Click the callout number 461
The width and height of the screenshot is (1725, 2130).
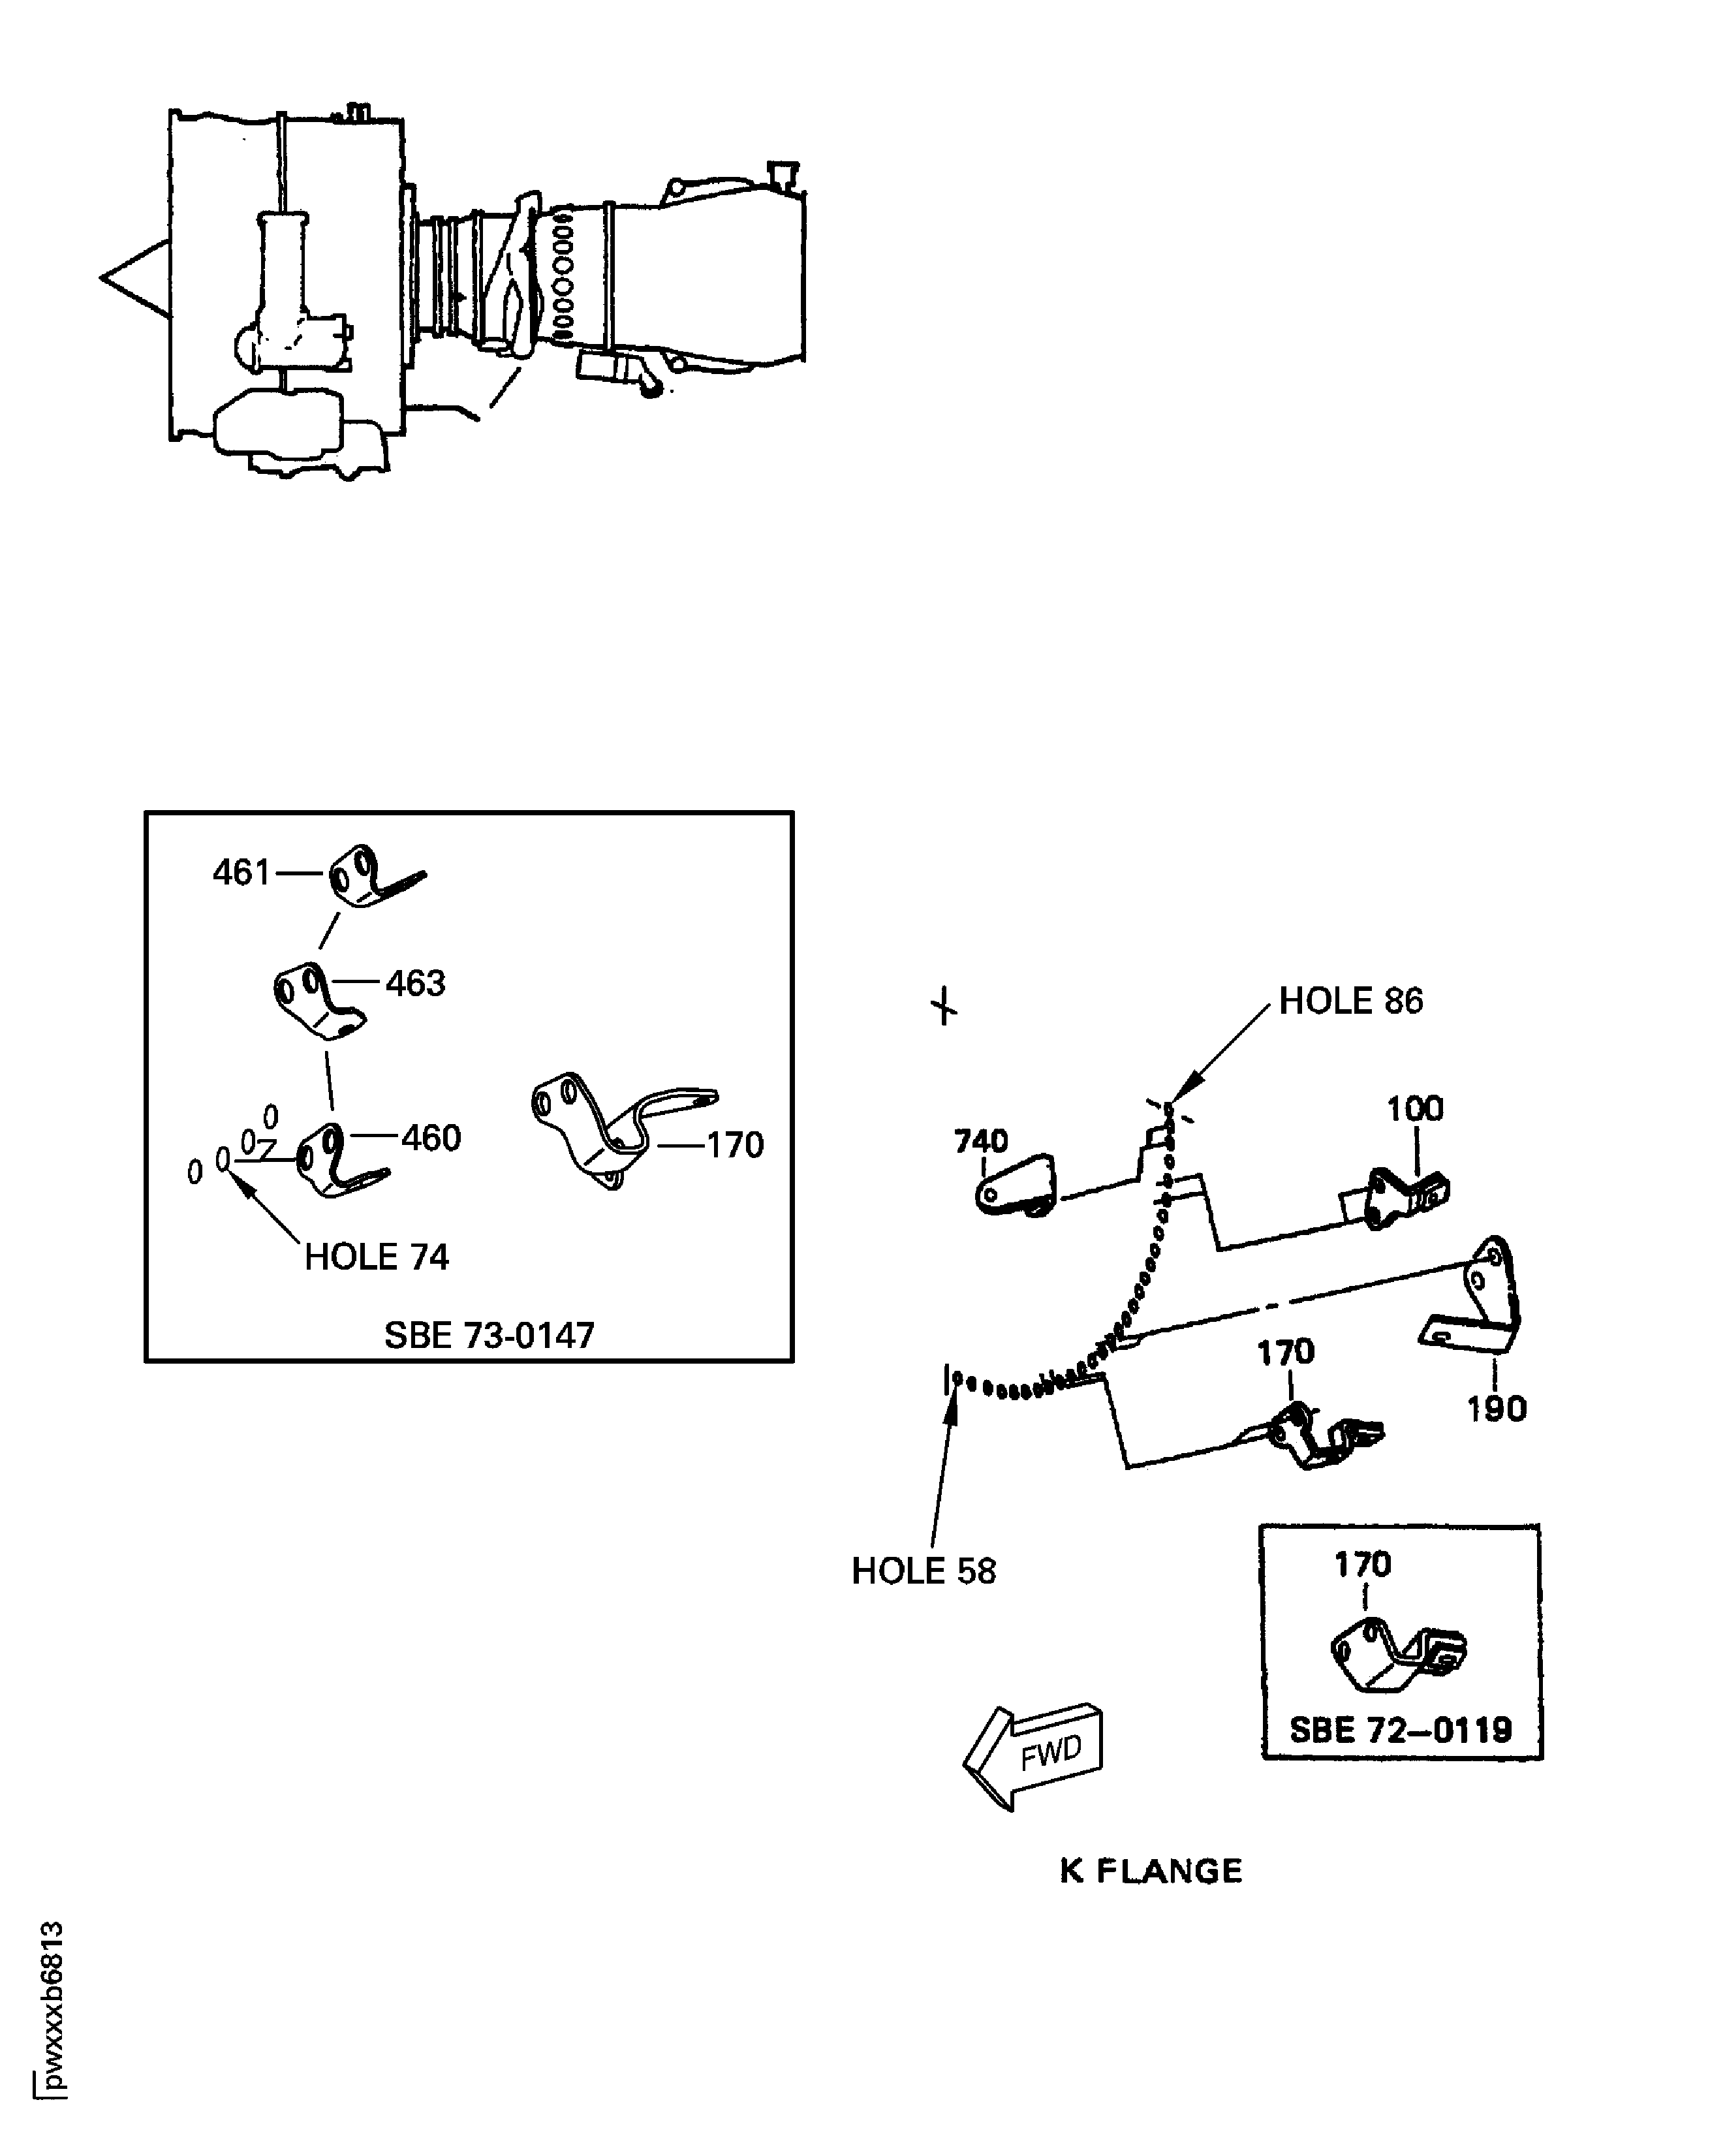[241, 873]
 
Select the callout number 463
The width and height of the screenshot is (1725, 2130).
[415, 984]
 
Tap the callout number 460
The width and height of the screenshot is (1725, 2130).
[431, 1138]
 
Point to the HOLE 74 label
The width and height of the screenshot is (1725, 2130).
[377, 1257]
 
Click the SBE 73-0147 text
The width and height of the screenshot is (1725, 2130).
[489, 1335]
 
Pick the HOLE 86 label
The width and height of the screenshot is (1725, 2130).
[1350, 1001]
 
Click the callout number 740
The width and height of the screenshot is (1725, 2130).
[981, 1141]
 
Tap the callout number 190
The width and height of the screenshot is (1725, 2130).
[1497, 1409]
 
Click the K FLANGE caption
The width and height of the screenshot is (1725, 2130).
[1151, 1872]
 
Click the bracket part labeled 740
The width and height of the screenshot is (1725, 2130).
[1016, 1185]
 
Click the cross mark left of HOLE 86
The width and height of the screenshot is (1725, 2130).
[944, 1006]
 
